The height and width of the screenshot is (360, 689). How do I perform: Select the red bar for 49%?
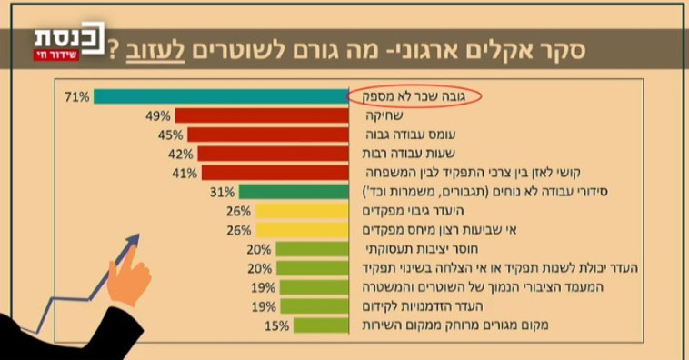[x=263, y=115]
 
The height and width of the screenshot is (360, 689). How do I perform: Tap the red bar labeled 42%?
[x=274, y=154]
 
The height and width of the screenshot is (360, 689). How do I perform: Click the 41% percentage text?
[x=185, y=173]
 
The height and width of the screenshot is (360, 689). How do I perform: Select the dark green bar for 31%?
[x=295, y=192]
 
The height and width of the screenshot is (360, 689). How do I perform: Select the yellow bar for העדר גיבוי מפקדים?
[x=303, y=211]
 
